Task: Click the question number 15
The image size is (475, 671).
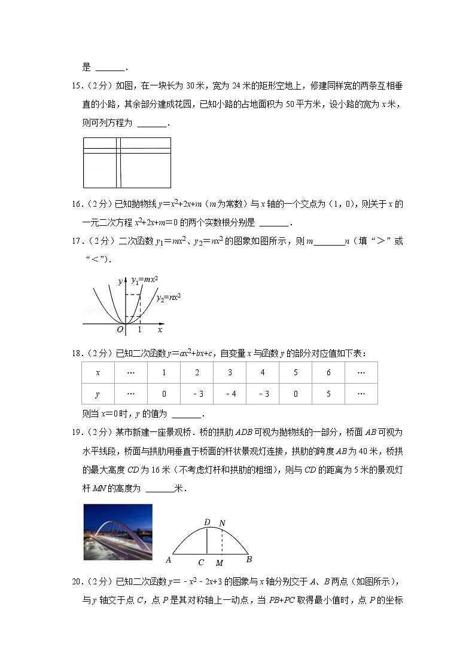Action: (x=76, y=85)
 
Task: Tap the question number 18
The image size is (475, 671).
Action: (x=76, y=354)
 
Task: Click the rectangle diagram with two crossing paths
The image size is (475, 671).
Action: (x=127, y=162)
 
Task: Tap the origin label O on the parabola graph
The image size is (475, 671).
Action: (x=120, y=329)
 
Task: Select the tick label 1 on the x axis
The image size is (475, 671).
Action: (x=140, y=329)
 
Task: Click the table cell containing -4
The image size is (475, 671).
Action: (x=230, y=394)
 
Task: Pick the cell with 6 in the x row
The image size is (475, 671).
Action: (x=328, y=372)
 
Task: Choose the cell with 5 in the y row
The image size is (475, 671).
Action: (x=328, y=394)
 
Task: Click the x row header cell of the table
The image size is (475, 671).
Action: (x=98, y=372)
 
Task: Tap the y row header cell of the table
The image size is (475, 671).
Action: (x=98, y=394)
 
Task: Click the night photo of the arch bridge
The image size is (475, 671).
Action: (x=118, y=532)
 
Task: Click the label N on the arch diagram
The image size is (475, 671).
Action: (x=222, y=523)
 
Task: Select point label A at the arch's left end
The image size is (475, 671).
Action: (x=169, y=560)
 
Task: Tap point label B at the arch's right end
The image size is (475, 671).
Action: (x=249, y=560)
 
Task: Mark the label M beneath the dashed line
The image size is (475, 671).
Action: (x=220, y=563)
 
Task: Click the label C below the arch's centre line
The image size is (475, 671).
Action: (x=202, y=563)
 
